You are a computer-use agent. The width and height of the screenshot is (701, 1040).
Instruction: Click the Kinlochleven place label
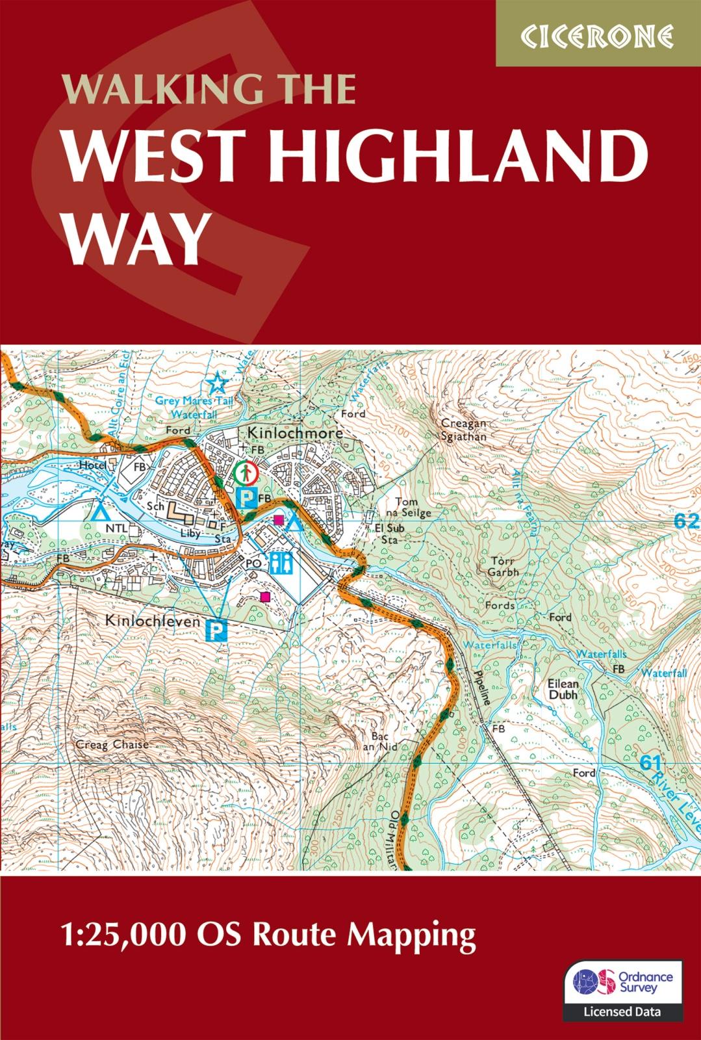(152, 621)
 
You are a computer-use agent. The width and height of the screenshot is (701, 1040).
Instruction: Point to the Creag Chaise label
(112, 744)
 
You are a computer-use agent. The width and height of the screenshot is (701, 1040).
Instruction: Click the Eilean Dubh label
(562, 689)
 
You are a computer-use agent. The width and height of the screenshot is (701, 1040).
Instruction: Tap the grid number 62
(685, 521)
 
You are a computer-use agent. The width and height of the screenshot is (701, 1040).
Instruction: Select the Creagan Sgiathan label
(463, 430)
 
